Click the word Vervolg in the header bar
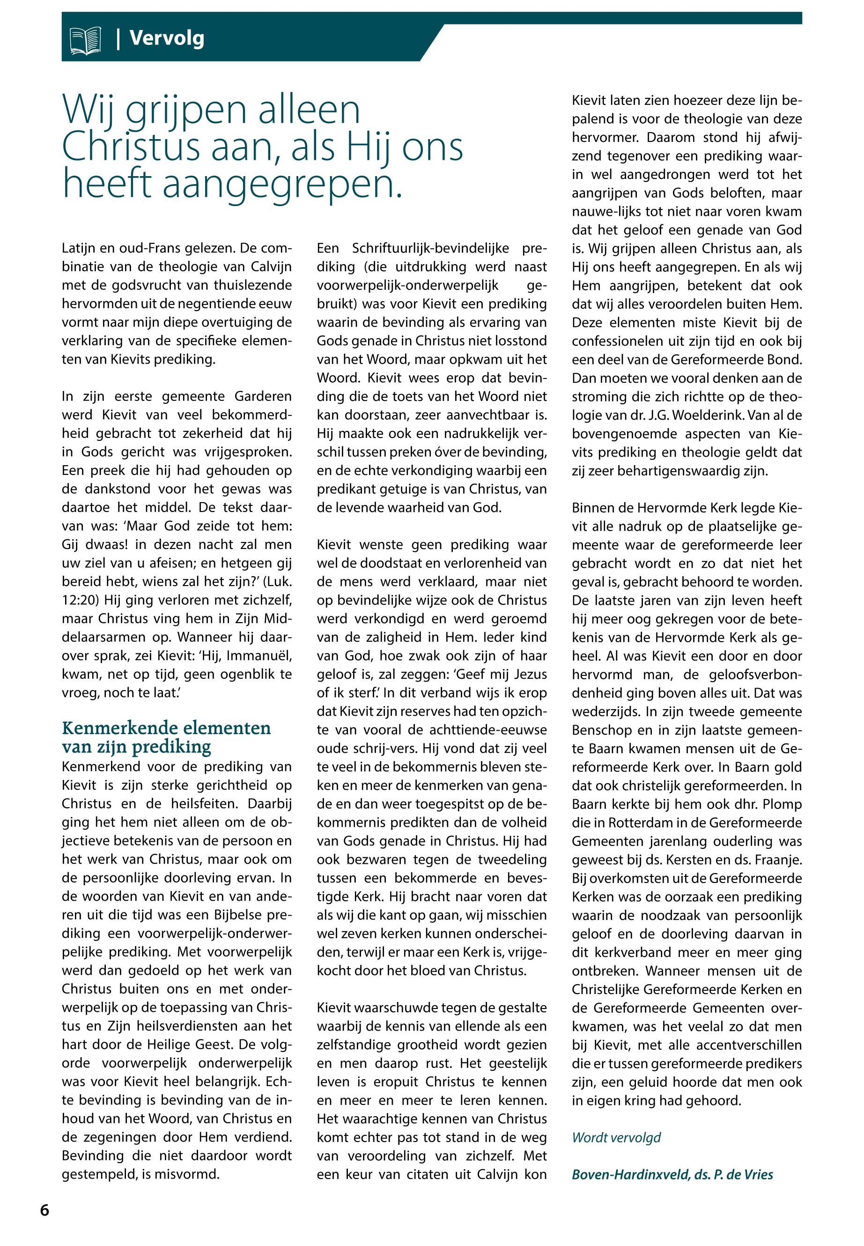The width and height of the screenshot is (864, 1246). pyautogui.click(x=167, y=38)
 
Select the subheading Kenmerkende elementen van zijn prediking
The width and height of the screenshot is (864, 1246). pyautogui.click(x=166, y=736)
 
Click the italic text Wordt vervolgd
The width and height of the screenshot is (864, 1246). pyautogui.click(x=616, y=1137)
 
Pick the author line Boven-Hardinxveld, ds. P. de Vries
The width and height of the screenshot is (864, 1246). pyautogui.click(x=672, y=1174)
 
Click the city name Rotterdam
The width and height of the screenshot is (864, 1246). pyautogui.click(x=642, y=823)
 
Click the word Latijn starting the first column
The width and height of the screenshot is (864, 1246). pyautogui.click(x=78, y=249)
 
